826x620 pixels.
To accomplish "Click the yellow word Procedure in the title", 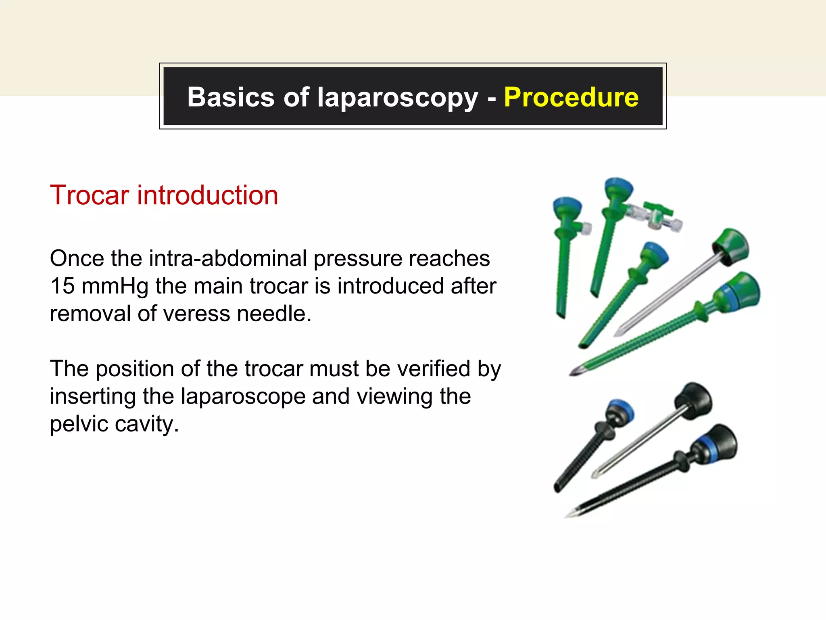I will (571, 97).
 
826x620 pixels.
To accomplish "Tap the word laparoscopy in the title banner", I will (397, 98).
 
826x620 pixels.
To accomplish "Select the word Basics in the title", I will (231, 97).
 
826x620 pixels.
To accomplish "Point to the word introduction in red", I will (208, 195).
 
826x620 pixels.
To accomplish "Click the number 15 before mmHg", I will (63, 286).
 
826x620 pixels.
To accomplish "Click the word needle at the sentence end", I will (274, 314).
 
